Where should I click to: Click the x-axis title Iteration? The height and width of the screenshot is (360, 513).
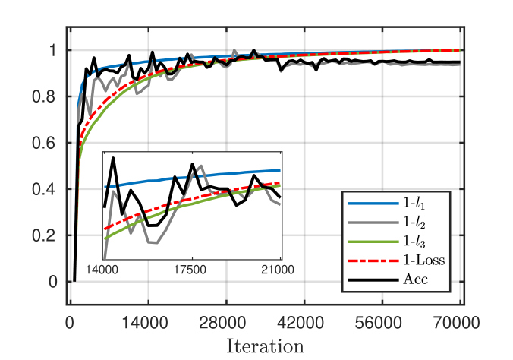pos(266,346)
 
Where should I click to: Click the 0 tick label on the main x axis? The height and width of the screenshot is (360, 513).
pos(69,322)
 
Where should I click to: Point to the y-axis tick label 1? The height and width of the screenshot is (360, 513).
pos(52,51)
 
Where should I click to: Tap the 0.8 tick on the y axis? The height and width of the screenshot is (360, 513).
pos(47,97)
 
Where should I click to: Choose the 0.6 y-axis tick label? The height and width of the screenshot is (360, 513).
pos(47,144)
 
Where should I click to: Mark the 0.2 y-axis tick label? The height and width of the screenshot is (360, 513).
pos(47,235)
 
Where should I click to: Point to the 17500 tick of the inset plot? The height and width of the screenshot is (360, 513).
pos(190,268)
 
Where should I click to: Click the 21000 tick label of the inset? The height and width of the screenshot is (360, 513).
pos(280,268)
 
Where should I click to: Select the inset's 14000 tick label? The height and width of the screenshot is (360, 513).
pos(102,268)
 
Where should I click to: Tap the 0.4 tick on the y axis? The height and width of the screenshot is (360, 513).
pos(47,189)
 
